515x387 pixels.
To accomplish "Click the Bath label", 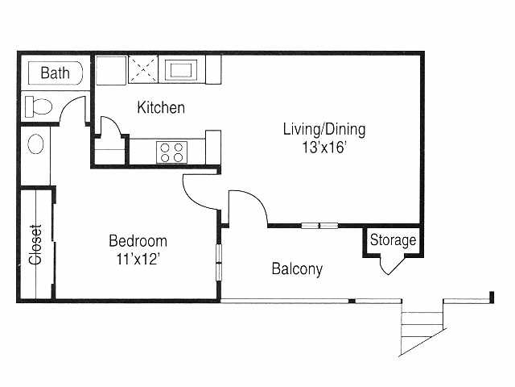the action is point(56,73).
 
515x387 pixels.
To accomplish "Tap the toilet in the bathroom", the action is point(39,106).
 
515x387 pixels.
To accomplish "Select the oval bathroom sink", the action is point(35,144).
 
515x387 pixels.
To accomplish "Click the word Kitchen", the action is point(161,107).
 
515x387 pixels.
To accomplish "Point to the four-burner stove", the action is point(171,152).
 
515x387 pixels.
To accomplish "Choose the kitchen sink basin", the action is point(181,70).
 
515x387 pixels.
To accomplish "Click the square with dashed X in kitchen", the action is point(143,69).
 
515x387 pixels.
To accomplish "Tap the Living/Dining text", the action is point(324,129).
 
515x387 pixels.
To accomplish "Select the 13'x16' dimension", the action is point(324,147).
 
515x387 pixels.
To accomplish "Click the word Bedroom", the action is point(138,241).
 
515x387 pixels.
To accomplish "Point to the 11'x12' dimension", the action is point(138,259).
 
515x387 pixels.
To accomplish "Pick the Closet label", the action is point(35,244).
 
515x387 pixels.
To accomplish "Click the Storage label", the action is point(393,240).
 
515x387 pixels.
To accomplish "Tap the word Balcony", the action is point(297,268).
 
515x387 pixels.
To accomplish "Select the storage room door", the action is point(393,265).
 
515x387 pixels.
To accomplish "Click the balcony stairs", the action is point(422,327).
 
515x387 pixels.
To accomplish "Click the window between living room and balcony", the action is point(320,226).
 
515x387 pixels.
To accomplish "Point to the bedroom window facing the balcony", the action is point(219,262).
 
